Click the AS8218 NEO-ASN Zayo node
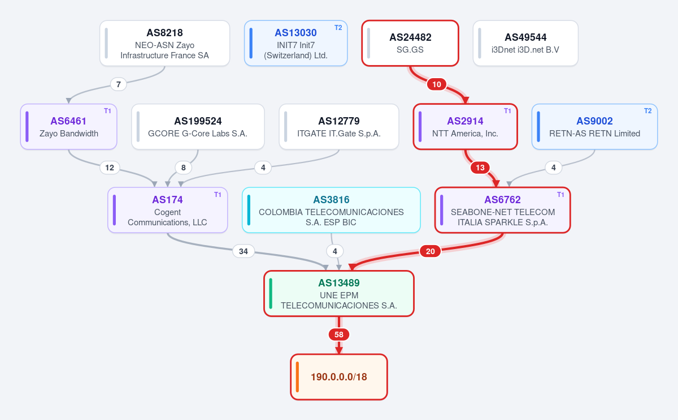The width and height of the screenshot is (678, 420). click(164, 43)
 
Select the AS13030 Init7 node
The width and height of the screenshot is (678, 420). click(295, 43)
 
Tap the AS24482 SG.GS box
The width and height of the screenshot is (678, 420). click(410, 43)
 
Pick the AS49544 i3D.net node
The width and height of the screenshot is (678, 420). click(525, 43)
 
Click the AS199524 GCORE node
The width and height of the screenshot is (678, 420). click(198, 126)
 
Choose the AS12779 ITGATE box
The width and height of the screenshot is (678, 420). click(339, 126)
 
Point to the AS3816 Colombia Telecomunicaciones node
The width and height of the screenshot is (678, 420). click(331, 210)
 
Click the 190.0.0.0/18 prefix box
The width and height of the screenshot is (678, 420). click(339, 376)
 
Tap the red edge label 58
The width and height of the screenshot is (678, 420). click(339, 335)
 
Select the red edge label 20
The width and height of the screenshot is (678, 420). click(430, 251)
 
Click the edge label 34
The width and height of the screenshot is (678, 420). click(244, 251)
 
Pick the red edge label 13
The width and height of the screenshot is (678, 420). click(480, 168)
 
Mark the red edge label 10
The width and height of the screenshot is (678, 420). click(436, 84)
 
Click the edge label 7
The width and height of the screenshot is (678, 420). click(118, 84)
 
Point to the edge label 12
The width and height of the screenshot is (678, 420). click(110, 168)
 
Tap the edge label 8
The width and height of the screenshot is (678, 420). click(184, 168)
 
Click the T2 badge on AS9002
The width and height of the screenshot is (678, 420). click(647, 111)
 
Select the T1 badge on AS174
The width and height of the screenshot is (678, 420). click(218, 195)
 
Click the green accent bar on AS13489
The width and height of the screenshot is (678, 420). click(271, 293)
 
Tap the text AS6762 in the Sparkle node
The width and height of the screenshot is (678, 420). click(502, 200)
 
